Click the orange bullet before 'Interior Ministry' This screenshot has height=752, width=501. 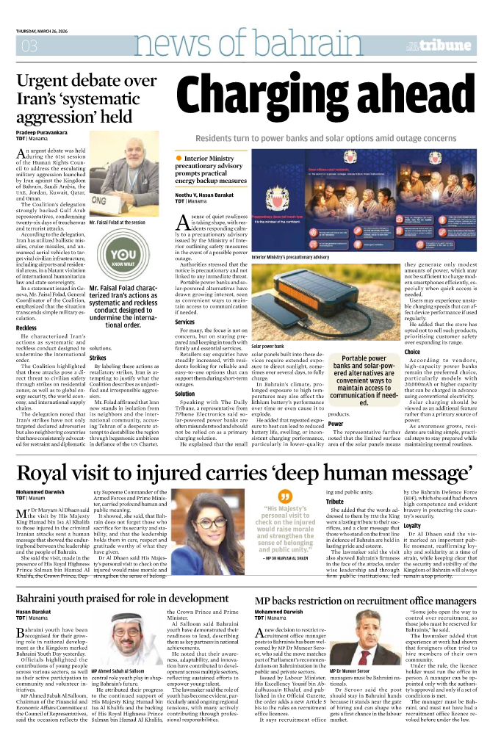pyautogui.click(x=179, y=158)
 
